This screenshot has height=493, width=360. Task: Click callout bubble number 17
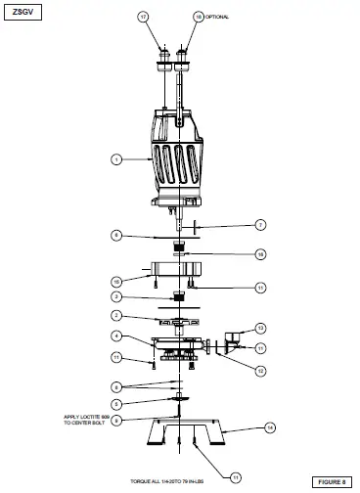[143, 18]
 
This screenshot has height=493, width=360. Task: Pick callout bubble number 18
[199, 18]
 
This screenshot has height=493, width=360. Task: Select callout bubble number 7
[260, 224]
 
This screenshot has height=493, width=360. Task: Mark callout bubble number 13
[260, 328]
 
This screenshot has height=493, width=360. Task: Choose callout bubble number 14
[271, 427]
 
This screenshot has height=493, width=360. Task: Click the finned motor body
[180, 152]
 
